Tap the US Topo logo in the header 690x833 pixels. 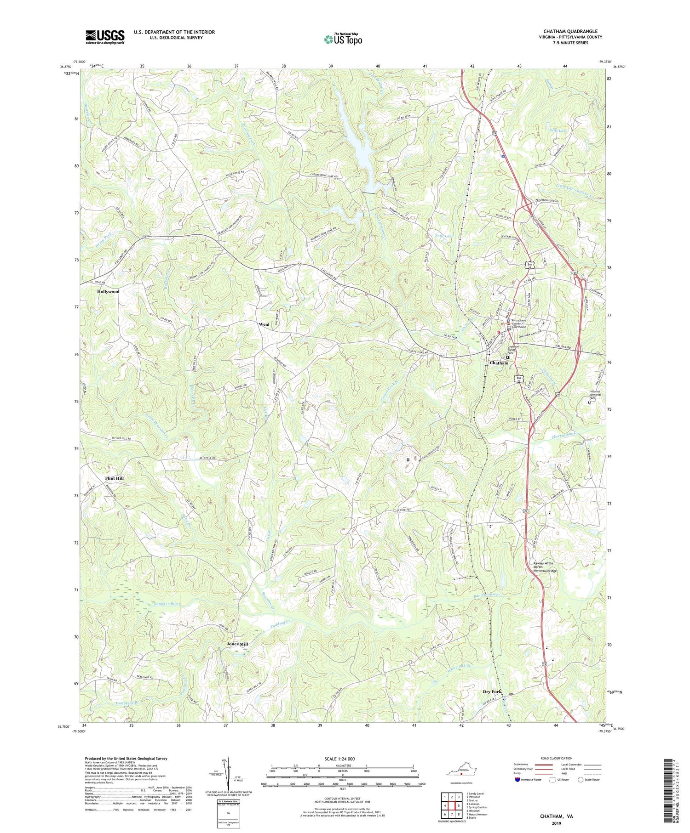coord(343,40)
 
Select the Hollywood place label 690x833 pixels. coord(108,291)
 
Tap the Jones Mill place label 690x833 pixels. coord(237,644)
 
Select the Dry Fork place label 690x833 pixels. coord(492,691)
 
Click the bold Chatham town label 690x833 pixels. coord(499,363)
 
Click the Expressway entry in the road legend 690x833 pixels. coord(521,765)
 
